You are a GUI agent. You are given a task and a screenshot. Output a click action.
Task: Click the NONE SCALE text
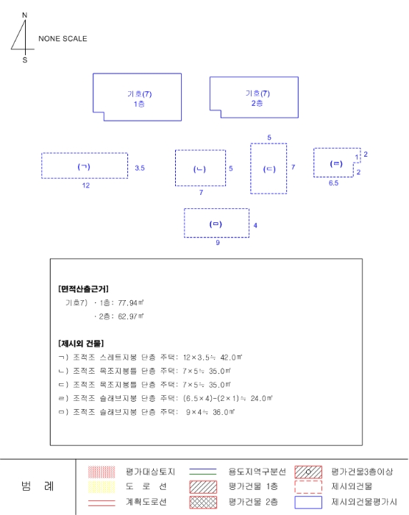point(63,39)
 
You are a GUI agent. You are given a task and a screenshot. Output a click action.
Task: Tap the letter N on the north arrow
point(24,15)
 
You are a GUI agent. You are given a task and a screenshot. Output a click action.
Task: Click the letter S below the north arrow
point(25,60)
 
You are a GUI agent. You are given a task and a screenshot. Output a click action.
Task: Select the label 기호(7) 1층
point(139,99)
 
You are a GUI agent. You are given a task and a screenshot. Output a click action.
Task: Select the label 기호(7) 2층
point(257,98)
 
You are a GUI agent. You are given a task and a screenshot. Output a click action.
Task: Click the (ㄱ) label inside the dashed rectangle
point(84,166)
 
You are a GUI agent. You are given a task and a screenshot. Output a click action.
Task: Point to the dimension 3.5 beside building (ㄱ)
point(140,168)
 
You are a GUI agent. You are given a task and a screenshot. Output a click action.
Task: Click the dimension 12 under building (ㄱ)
point(86,185)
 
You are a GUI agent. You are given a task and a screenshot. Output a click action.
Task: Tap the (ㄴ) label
point(199,169)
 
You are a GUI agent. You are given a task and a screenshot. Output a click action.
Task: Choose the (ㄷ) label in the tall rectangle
point(269,169)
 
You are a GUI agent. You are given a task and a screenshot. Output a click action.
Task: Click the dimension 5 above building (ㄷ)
point(269,138)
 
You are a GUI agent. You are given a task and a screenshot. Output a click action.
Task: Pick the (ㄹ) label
point(336,163)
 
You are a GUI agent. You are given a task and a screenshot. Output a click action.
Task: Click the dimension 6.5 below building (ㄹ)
point(333,183)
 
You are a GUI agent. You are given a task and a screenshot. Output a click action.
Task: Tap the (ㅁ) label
point(216,224)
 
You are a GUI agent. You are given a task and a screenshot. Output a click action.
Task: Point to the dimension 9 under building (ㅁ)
point(218,243)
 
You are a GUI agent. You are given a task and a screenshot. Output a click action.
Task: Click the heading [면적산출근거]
point(83,289)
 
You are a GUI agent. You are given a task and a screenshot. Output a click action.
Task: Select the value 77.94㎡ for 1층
point(131,303)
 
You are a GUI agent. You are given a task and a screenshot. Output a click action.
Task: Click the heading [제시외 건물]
point(81,344)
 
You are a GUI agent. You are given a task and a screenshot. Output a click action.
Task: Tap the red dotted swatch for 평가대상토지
point(102,472)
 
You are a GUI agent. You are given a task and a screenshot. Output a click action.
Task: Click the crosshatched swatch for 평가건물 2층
point(203,502)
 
